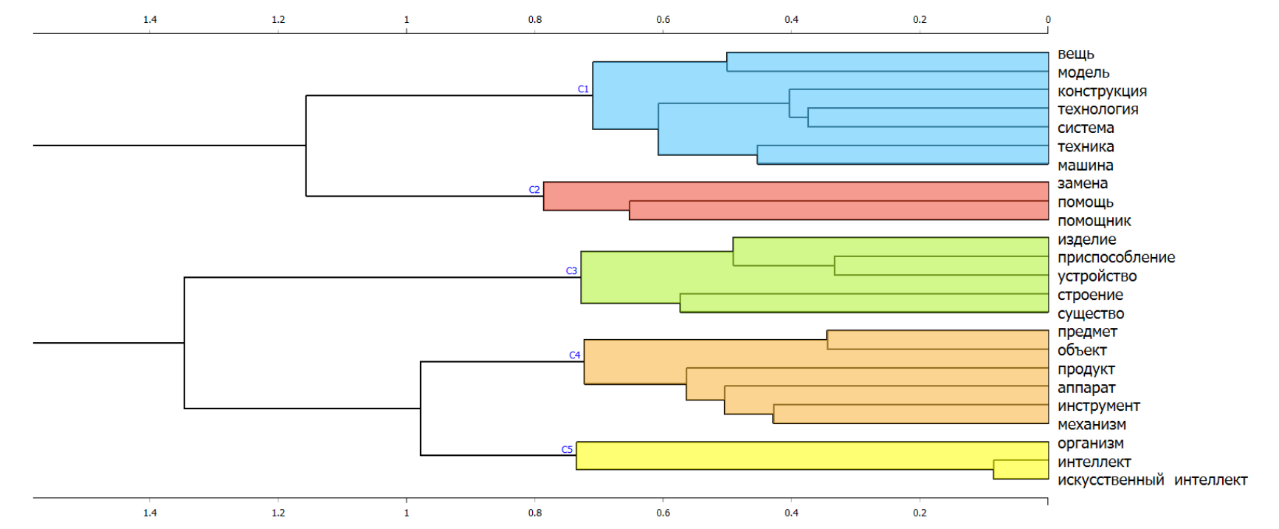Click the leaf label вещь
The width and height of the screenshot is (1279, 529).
[x=1075, y=54]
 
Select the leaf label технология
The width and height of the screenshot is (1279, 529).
[x=1097, y=109]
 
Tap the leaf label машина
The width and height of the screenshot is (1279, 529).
[x=1085, y=165]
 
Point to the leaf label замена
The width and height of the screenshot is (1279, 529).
[x=1082, y=183]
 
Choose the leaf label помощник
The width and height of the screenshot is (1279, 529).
[x=1094, y=221]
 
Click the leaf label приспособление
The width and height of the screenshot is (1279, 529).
[x=1116, y=257]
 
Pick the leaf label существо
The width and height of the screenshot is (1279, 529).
[x=1090, y=313]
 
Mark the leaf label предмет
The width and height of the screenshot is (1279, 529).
[x=1087, y=332]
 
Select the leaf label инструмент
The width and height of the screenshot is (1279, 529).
[x=1098, y=406]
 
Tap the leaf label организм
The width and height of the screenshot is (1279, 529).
[x=1090, y=443]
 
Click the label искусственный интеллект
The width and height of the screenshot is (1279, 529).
[x=1152, y=480]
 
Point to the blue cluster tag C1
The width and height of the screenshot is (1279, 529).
[x=583, y=89]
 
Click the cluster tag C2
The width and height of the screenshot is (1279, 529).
[x=534, y=190]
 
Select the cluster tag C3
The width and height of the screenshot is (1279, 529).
[x=571, y=271]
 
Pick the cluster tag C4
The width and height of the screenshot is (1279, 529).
[x=574, y=355]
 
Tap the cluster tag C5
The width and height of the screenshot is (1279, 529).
[x=567, y=449]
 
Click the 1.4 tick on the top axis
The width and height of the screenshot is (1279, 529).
[x=150, y=19]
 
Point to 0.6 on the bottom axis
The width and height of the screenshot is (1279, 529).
[x=663, y=513]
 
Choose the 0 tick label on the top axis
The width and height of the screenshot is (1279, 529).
[x=1047, y=20]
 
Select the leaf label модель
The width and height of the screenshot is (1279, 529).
[x=1083, y=72]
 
